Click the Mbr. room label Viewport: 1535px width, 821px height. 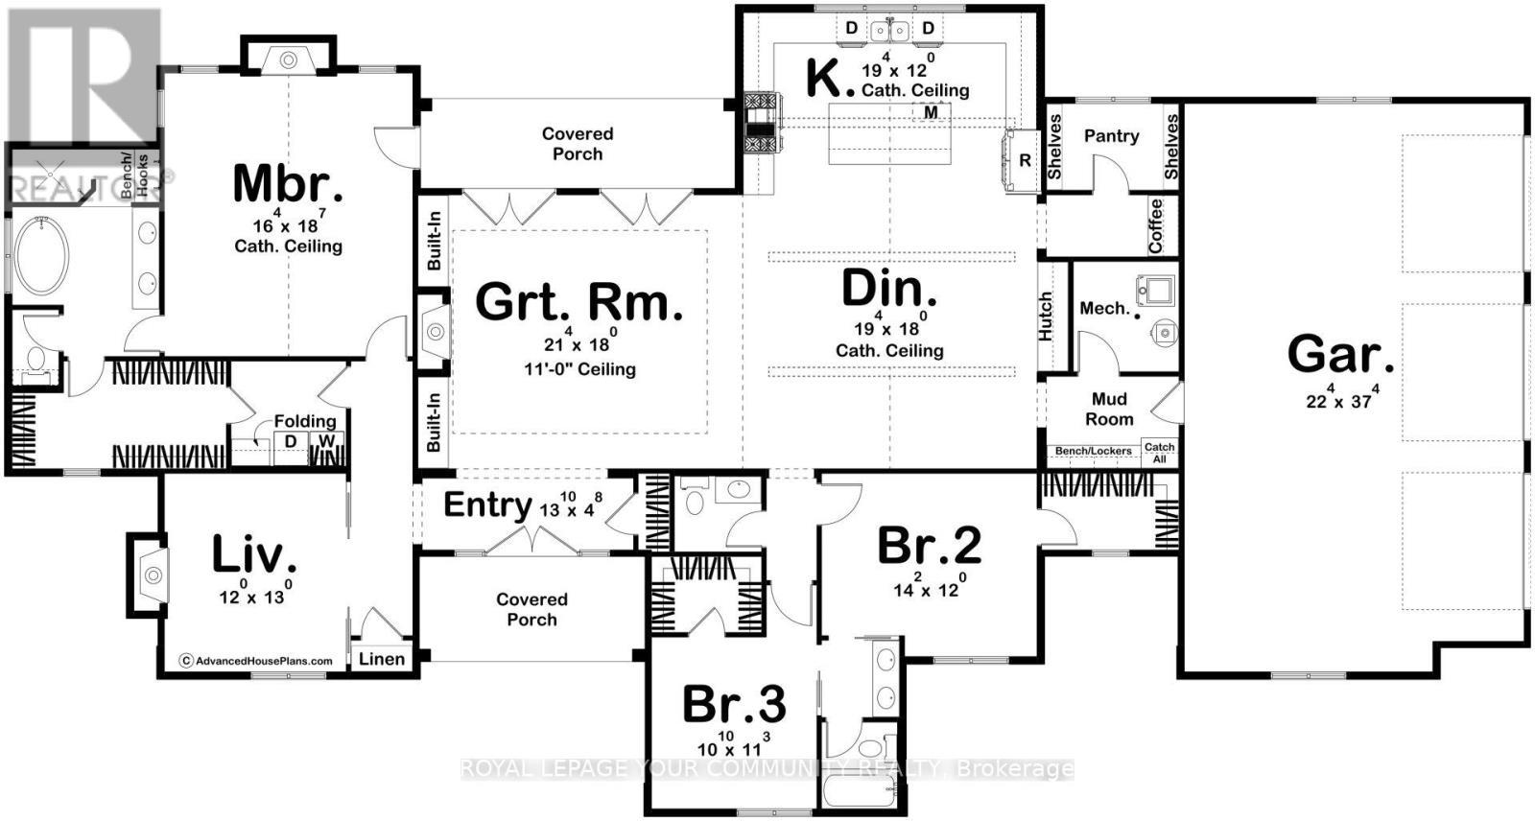click(x=288, y=184)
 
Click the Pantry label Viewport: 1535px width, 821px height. click(x=1111, y=136)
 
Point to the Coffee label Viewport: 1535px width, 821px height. click(x=1155, y=225)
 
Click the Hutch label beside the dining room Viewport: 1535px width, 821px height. click(x=1046, y=316)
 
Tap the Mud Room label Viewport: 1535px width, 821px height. click(x=1109, y=410)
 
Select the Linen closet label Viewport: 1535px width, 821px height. click(x=382, y=659)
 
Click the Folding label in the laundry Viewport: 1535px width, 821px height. click(x=305, y=421)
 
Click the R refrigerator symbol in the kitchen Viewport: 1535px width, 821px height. click(x=1025, y=160)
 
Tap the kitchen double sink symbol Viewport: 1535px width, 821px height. click(x=889, y=31)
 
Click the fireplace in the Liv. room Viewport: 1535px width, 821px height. click(x=152, y=575)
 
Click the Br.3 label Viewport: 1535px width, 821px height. click(x=734, y=705)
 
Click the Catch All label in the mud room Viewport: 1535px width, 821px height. click(x=1159, y=453)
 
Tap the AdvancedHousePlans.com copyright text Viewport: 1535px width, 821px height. click(x=256, y=660)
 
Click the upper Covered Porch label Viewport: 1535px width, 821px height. click(x=578, y=144)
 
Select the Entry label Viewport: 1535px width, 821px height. click(x=487, y=504)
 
